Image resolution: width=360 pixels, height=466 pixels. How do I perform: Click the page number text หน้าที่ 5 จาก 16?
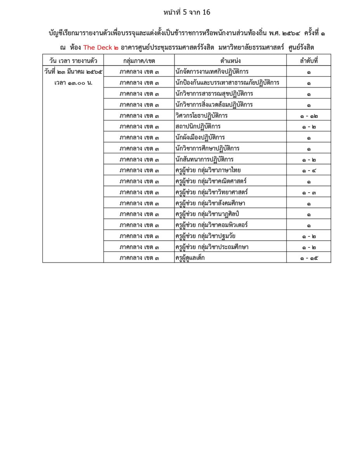pos(187,12)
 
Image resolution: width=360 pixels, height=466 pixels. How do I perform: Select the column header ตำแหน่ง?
pos(230,61)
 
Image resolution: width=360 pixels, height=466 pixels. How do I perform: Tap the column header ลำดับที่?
pos(308,61)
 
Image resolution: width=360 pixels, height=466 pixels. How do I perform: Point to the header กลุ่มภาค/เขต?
pos(139,61)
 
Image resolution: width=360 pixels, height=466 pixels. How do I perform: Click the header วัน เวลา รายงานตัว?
pos(73,61)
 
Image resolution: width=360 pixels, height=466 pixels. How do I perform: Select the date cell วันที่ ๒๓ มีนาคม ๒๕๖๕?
pos(73,72)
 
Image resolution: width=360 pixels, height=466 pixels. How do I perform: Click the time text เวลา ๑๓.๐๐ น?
pos(73,83)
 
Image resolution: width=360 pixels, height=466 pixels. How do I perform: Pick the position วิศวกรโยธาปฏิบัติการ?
pos(202,116)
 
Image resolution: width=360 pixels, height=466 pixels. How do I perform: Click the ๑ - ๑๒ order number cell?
pos(308,116)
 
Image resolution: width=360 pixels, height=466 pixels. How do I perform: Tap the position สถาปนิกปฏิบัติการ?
pos(198,127)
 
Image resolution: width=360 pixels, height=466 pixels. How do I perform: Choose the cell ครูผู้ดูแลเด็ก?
pos(190,257)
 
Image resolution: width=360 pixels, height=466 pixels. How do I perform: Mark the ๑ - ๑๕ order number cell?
pos(308,257)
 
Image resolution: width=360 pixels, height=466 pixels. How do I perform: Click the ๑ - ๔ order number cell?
pos(308,170)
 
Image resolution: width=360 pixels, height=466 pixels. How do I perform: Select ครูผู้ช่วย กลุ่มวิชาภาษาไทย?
pos(208,170)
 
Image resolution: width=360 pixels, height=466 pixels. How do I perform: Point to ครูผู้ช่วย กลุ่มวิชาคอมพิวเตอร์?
pos(212,225)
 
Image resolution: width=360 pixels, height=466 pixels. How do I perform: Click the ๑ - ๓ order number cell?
pos(308,192)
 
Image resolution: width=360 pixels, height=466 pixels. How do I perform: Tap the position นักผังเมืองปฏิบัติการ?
pos(200,137)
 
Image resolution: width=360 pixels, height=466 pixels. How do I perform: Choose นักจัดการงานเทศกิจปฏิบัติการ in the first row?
pos(212,72)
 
